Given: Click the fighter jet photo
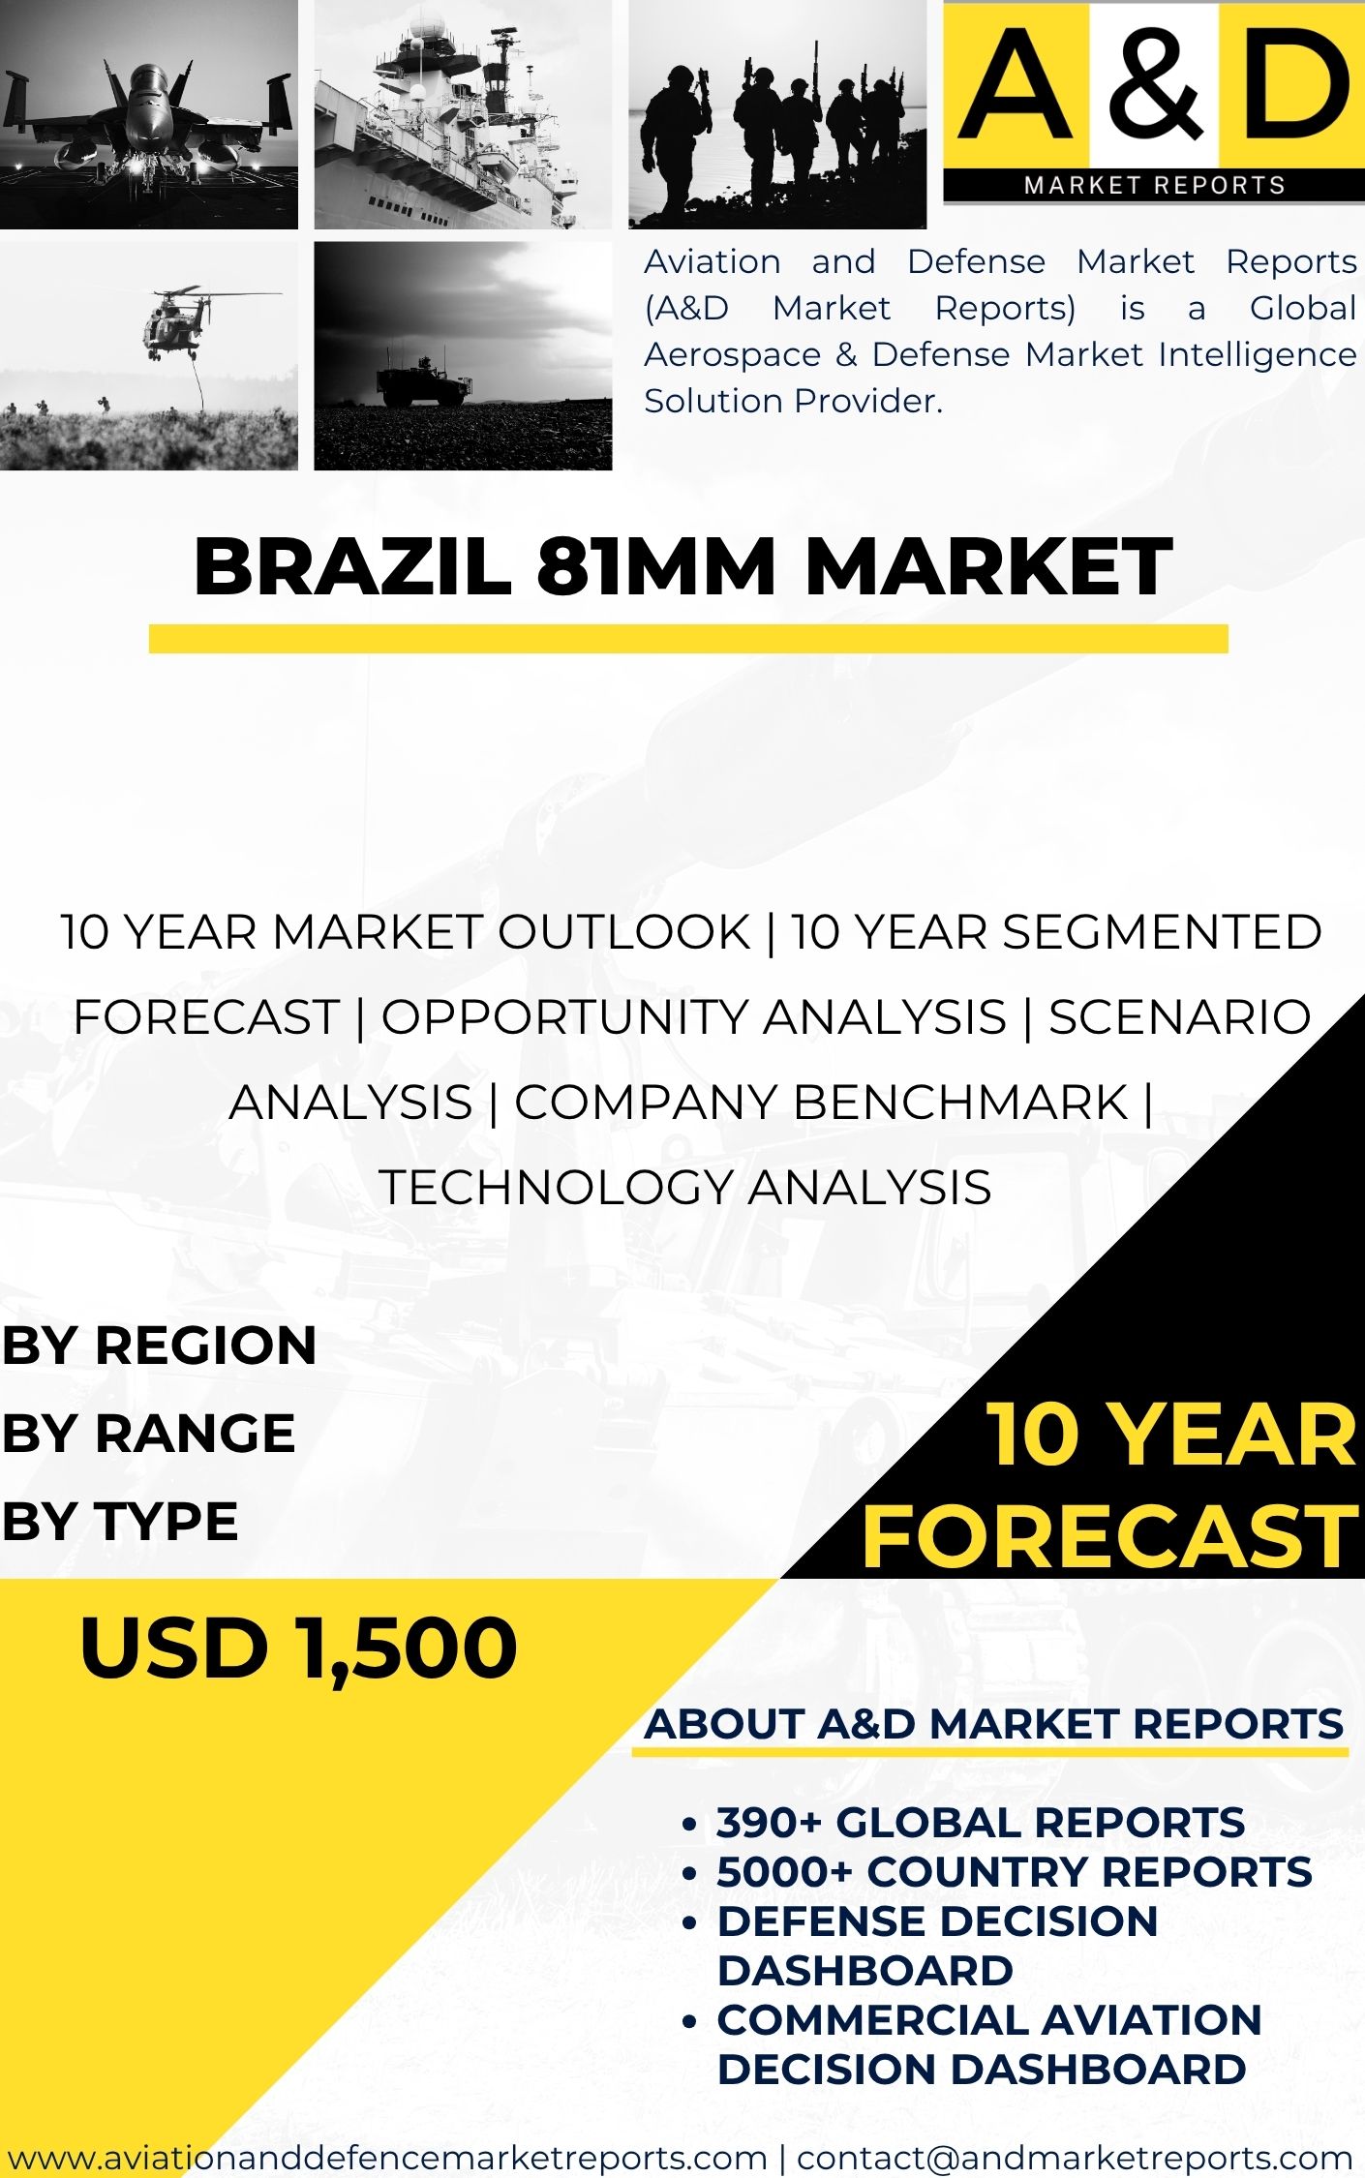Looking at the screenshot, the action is (x=149, y=114).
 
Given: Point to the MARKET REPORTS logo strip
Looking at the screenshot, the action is (x=1154, y=185).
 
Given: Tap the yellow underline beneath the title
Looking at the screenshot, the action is (x=688, y=639).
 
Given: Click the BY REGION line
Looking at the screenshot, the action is (x=160, y=1346).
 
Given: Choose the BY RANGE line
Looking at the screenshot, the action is (x=149, y=1434).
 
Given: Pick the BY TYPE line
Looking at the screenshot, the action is (x=120, y=1521).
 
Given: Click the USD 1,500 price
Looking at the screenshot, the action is (x=298, y=1648).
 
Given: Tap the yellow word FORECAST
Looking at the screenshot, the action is (x=1110, y=1536).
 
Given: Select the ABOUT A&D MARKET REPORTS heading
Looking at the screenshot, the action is (x=994, y=1724).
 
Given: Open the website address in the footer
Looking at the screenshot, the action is (x=387, y=2158).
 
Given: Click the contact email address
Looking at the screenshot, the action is (x=1075, y=2158).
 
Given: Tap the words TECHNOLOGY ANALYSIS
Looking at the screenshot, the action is (x=685, y=1187).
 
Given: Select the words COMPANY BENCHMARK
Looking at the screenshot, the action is (x=821, y=1102).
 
